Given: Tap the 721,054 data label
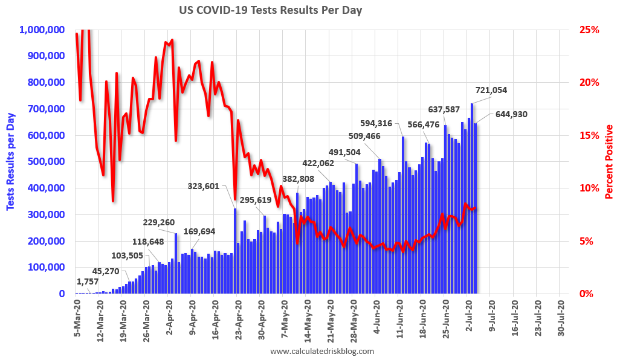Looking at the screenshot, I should [x=491, y=90].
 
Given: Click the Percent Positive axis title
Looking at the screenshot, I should [x=609, y=162].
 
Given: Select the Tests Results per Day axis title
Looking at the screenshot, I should [x=11, y=161].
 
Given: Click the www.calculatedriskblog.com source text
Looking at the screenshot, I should [x=322, y=351].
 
